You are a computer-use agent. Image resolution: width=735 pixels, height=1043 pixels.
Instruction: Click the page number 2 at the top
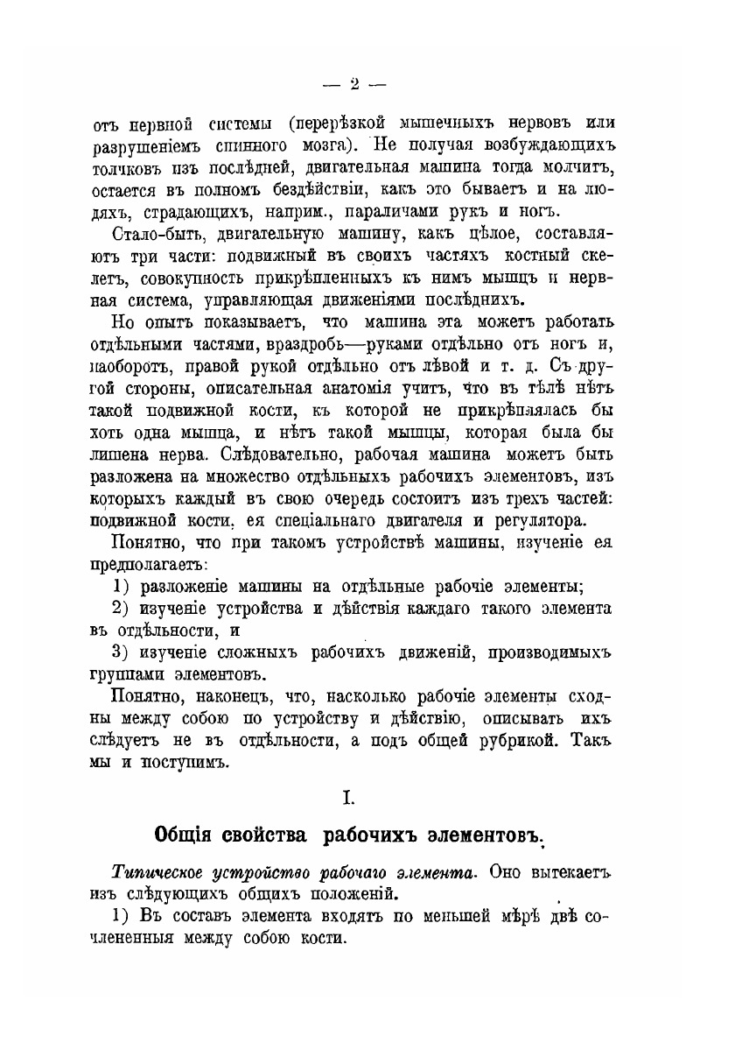point(353,85)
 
